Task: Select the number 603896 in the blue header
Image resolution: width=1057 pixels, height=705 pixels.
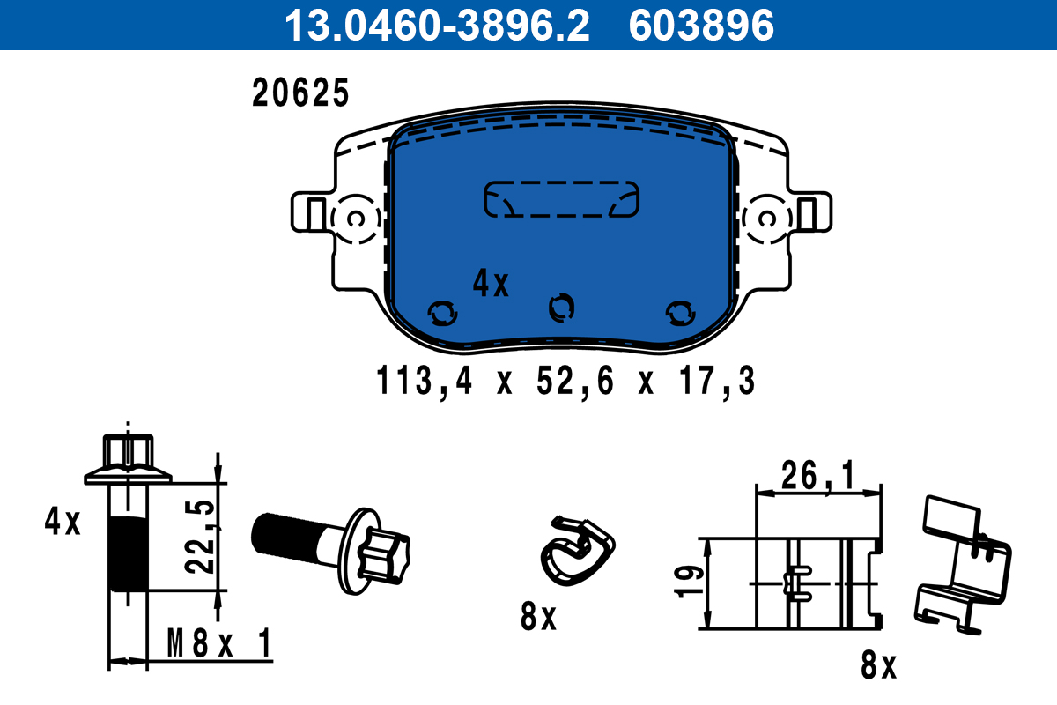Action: [x=700, y=26]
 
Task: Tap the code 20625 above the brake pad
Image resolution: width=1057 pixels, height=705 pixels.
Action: [x=301, y=93]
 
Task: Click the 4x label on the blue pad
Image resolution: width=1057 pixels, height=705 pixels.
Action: [x=491, y=283]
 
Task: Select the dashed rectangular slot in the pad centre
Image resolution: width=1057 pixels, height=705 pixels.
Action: [x=562, y=199]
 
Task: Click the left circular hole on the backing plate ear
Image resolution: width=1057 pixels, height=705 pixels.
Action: [x=356, y=219]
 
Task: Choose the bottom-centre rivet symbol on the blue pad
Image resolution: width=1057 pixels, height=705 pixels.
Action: [x=561, y=307]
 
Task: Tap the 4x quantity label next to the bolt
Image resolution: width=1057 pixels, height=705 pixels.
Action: [x=63, y=523]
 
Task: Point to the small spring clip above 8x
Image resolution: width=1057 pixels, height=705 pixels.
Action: [x=576, y=548]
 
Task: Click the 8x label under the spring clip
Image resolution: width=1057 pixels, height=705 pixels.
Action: [x=538, y=618]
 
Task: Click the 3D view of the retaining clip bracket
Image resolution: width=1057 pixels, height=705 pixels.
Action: [x=963, y=563]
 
